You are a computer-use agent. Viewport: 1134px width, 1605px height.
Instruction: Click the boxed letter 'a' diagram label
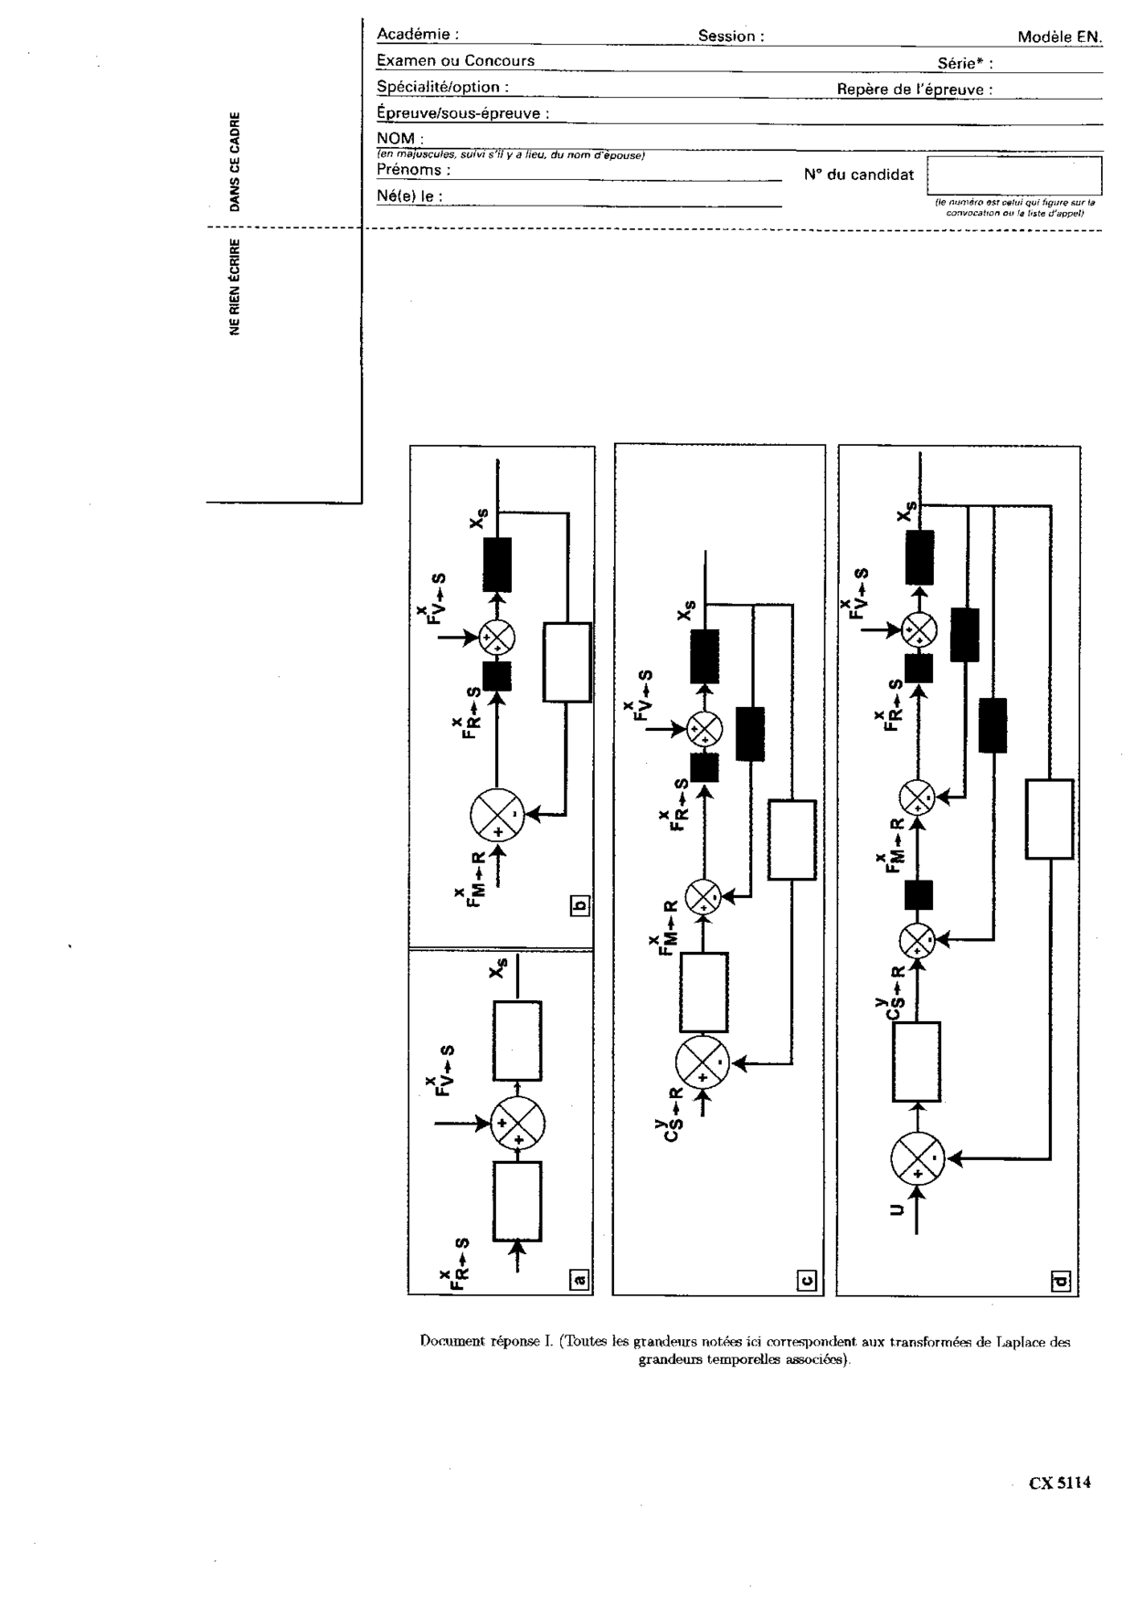click(579, 1279)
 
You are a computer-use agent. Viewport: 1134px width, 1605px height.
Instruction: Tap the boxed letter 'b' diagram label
click(579, 905)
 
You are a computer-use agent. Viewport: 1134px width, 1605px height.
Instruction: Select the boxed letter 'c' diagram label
click(808, 1279)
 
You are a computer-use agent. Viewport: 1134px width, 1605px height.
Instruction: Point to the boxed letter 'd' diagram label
click(1061, 1280)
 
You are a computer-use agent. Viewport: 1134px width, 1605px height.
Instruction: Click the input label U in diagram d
click(896, 1210)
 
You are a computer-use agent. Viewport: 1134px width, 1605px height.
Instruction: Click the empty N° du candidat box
click(1014, 174)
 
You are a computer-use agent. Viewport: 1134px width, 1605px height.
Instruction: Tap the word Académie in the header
click(414, 35)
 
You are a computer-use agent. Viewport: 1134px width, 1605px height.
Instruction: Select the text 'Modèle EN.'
click(1060, 37)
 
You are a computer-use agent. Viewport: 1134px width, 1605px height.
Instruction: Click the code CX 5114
click(1060, 1483)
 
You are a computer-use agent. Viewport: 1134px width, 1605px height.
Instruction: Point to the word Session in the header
click(727, 37)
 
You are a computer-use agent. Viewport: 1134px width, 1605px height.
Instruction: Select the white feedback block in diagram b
click(567, 662)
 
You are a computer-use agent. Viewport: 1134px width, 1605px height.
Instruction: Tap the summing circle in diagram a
click(518, 1123)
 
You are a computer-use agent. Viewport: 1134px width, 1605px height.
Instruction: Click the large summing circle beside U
click(917, 1158)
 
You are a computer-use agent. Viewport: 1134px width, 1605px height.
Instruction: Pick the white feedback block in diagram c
click(791, 839)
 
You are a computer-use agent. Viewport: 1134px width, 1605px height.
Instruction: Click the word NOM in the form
click(395, 139)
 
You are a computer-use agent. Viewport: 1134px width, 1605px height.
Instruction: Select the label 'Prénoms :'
click(413, 170)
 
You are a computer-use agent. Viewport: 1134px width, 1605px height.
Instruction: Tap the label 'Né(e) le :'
click(409, 196)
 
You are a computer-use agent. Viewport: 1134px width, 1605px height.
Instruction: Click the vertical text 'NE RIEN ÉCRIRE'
click(235, 287)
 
